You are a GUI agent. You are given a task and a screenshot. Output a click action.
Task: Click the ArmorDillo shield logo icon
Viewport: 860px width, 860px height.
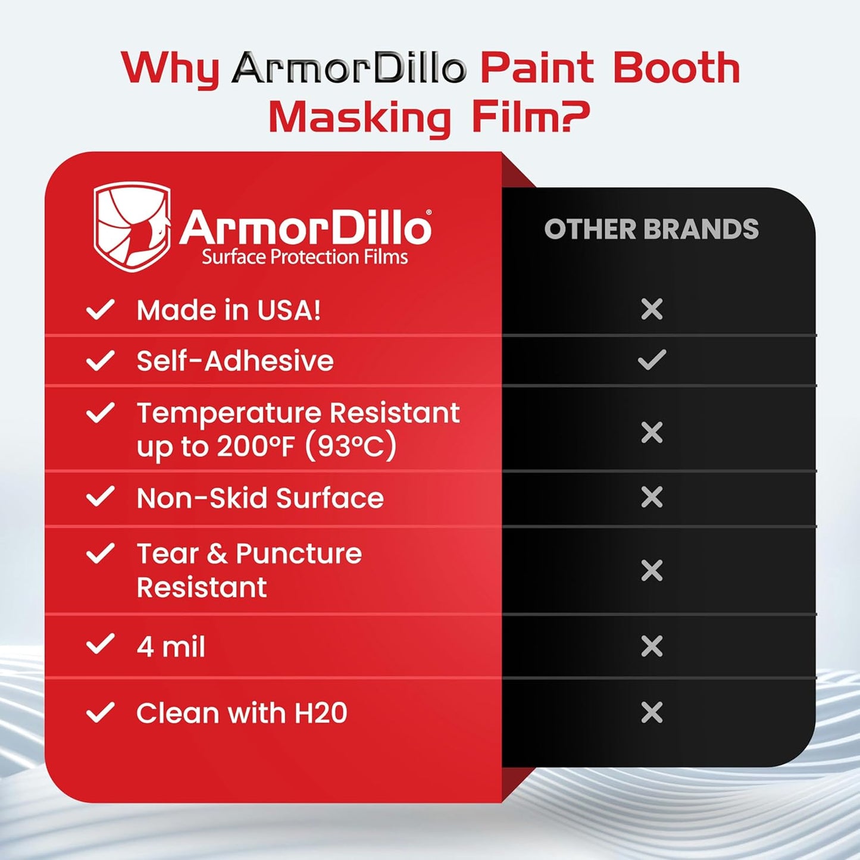coord(132,227)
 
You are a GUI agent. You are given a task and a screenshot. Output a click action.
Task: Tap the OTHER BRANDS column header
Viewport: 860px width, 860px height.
coord(651,230)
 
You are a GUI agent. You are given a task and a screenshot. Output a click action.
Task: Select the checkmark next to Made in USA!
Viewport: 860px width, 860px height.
coord(100,309)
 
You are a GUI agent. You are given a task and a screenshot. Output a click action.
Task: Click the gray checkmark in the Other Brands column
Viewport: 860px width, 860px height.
coord(652,360)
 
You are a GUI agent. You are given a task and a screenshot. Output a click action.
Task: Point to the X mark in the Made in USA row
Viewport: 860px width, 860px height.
coord(652,309)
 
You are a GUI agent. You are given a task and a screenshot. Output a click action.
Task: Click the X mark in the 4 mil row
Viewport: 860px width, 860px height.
coord(652,646)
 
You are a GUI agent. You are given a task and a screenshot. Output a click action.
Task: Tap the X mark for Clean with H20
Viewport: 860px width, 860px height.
coord(652,712)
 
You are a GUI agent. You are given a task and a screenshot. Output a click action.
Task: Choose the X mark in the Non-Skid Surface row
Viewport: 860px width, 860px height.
coord(652,497)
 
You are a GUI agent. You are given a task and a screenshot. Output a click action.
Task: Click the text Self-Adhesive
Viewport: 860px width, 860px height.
coord(235,361)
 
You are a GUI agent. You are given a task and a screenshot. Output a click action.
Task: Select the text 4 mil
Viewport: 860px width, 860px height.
coord(171,646)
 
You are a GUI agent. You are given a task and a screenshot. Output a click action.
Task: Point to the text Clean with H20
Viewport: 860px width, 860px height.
coord(242,713)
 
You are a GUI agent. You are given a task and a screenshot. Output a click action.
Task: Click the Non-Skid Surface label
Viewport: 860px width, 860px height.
coord(260,498)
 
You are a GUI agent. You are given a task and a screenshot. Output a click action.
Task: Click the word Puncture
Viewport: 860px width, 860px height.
coord(299,553)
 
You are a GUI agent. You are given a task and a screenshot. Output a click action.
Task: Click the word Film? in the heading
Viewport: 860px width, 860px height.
coord(530,117)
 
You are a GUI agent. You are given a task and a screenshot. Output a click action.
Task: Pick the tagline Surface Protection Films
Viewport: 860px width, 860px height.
coord(305,257)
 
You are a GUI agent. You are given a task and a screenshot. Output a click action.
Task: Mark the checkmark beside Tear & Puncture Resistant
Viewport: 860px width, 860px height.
coord(100,553)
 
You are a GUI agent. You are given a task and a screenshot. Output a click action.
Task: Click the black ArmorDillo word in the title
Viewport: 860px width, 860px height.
coord(349,68)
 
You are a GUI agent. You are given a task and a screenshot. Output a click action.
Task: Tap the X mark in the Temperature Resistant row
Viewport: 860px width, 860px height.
coord(652,433)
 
